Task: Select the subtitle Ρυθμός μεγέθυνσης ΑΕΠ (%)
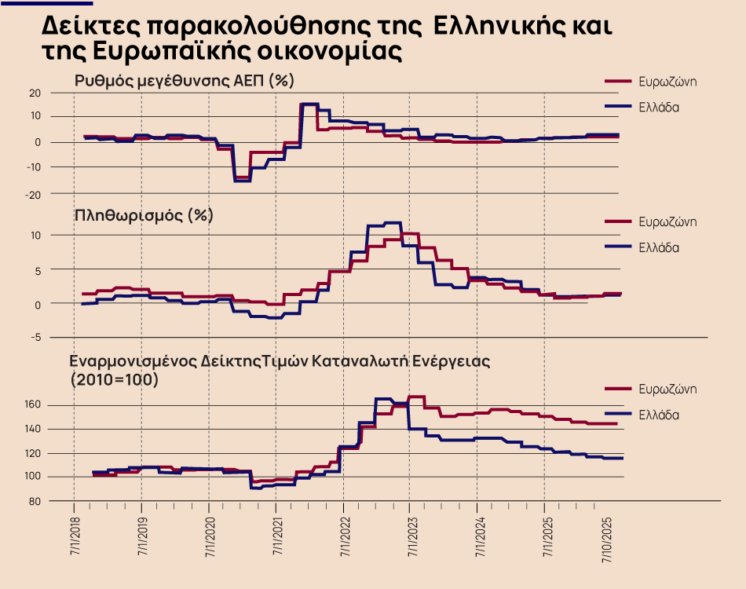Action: [x=185, y=80]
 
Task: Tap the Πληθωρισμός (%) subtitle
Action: [x=144, y=214]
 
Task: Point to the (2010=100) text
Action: [x=114, y=379]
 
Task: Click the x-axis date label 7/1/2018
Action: [x=75, y=537]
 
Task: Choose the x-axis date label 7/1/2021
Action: [x=276, y=537]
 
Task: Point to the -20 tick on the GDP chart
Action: [x=33, y=193]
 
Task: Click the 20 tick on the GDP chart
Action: [x=35, y=93]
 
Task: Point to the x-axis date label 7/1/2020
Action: [x=209, y=537]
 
